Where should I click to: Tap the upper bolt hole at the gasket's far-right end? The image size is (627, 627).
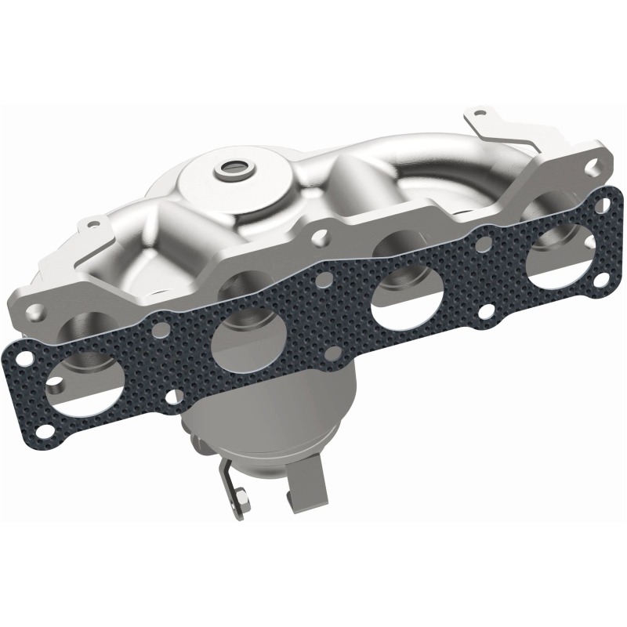(601, 205)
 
